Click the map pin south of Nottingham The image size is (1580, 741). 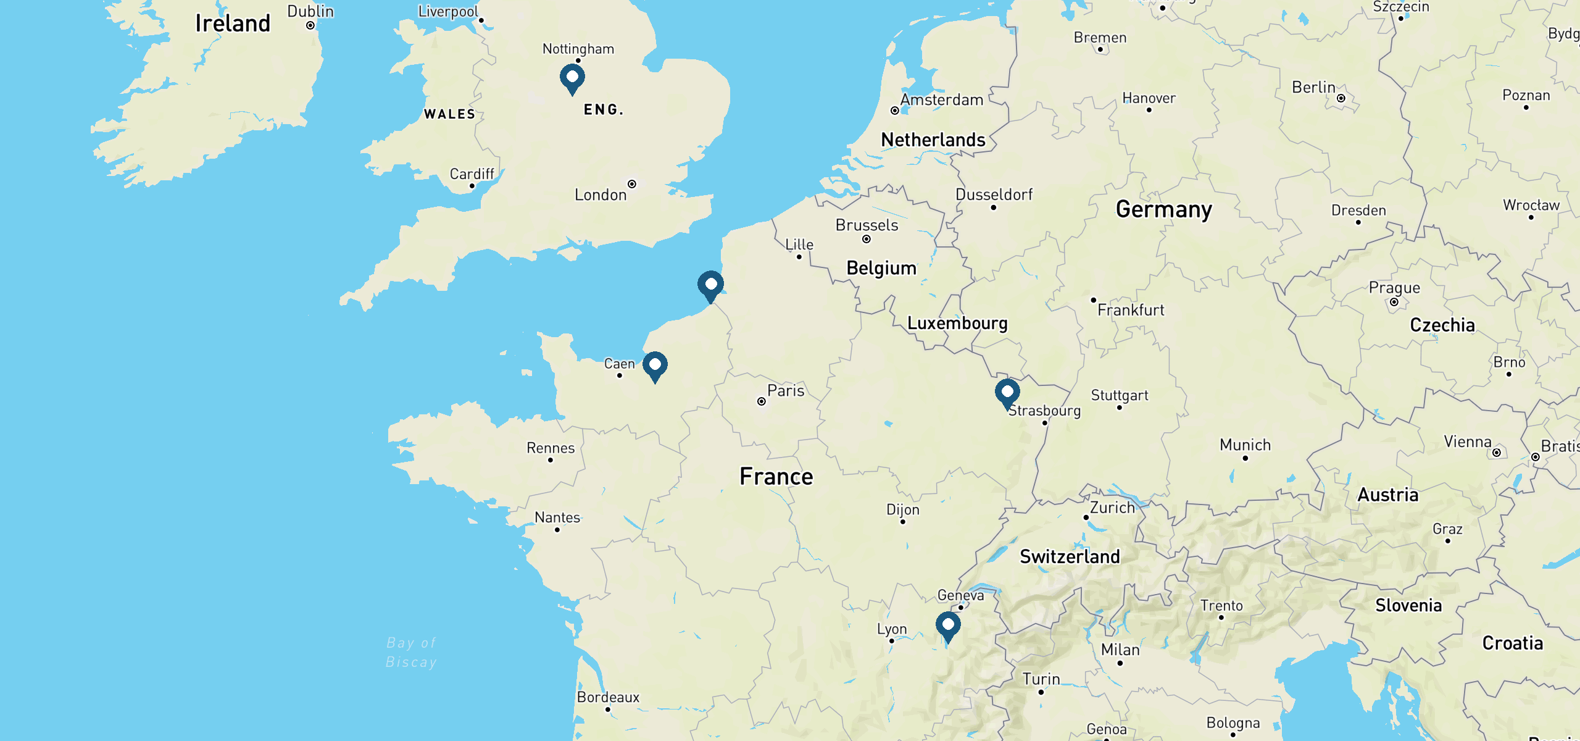pyautogui.click(x=572, y=78)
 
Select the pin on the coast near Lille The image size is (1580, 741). pyautogui.click(x=710, y=285)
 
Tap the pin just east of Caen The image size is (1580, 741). pyautogui.click(x=655, y=366)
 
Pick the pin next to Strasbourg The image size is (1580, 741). pyautogui.click(x=1007, y=393)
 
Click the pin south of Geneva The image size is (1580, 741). pyautogui.click(x=948, y=626)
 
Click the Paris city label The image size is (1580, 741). pyautogui.click(x=785, y=391)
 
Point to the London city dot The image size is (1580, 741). pyautogui.click(x=632, y=184)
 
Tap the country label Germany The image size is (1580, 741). pyautogui.click(x=1163, y=209)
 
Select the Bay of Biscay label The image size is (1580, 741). pyautogui.click(x=411, y=653)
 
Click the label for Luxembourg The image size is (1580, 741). pyautogui.click(x=957, y=324)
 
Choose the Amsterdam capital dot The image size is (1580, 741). pyautogui.click(x=895, y=111)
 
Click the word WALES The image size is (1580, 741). pyautogui.click(x=449, y=114)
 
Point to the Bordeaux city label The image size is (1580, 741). pyautogui.click(x=608, y=697)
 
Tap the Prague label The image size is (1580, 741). pyautogui.click(x=1394, y=288)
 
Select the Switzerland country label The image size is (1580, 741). pyautogui.click(x=1070, y=556)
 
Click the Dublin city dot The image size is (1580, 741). pyautogui.click(x=310, y=25)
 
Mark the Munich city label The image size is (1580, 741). pyautogui.click(x=1245, y=445)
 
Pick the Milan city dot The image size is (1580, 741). pyautogui.click(x=1120, y=663)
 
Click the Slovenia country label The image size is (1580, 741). pyautogui.click(x=1408, y=605)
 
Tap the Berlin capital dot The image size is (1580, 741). pyautogui.click(x=1341, y=98)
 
